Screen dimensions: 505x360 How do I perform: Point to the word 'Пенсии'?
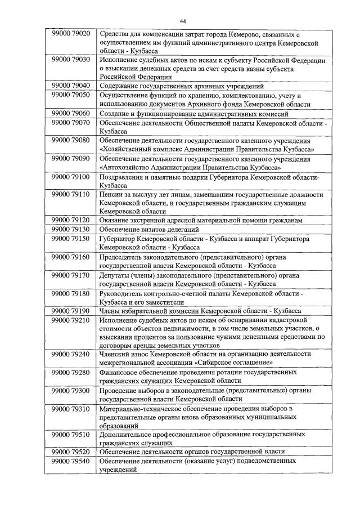point(111,194)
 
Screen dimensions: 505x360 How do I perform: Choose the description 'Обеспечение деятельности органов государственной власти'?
point(194,452)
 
